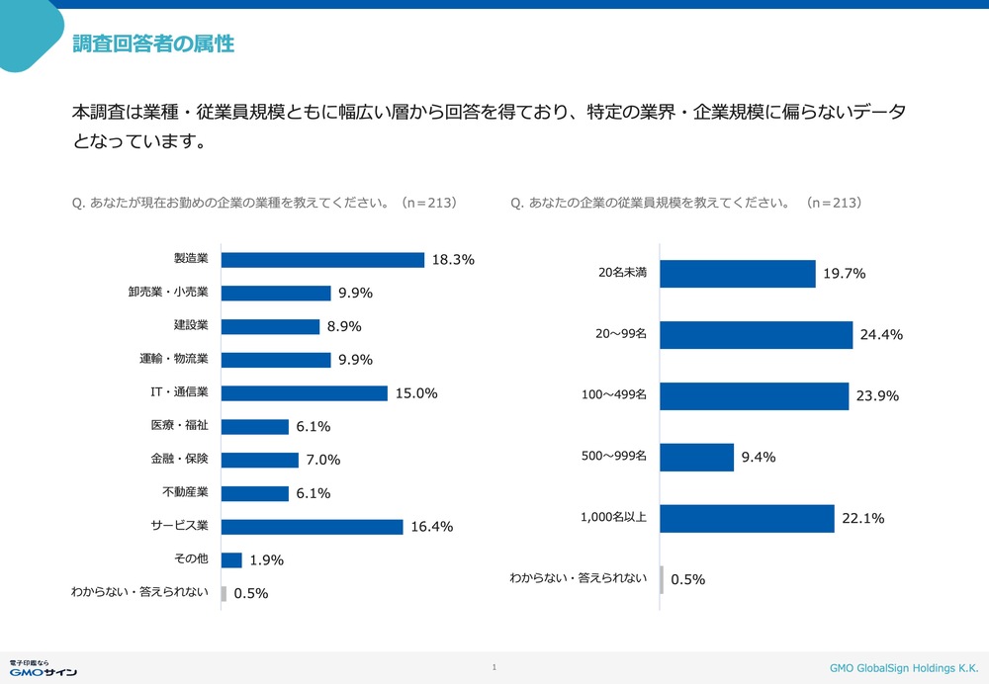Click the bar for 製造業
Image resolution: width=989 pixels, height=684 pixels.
point(322,260)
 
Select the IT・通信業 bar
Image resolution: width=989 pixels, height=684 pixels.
point(304,393)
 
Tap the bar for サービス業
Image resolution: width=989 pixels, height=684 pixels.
point(312,527)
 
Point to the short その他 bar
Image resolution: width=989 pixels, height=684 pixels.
point(231,560)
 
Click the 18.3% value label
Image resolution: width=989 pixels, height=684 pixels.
point(453,260)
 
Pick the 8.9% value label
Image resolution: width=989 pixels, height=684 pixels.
point(344,326)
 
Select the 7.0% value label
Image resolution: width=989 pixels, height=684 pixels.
point(323,461)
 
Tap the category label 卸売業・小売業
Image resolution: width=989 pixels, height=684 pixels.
point(168,292)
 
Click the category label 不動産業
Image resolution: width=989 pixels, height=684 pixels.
point(185,492)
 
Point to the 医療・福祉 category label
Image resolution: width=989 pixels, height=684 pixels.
point(179,426)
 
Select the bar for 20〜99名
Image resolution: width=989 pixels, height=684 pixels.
point(757,335)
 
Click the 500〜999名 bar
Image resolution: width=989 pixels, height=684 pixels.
point(697,458)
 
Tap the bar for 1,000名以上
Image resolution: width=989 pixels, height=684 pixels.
point(747,519)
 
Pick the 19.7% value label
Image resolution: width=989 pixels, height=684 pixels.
point(844,274)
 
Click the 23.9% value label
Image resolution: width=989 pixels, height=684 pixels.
point(877,396)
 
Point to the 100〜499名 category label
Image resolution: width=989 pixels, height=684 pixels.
point(614,394)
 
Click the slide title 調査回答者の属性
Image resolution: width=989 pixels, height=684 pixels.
point(153,43)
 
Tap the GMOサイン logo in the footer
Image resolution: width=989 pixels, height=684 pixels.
point(43,668)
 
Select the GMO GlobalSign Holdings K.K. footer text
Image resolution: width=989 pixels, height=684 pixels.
point(904,668)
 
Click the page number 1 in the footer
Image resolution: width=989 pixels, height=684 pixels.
point(494,667)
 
